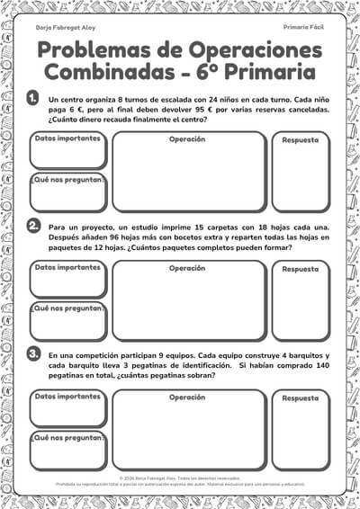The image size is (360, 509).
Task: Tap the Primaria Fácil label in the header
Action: click(303, 28)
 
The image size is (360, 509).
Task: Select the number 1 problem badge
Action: click(33, 98)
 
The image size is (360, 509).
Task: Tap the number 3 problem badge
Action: click(33, 353)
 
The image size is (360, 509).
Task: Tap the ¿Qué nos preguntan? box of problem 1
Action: click(67, 192)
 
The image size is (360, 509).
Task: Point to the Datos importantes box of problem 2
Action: click(67, 279)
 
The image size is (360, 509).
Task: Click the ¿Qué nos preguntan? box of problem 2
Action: click(67, 321)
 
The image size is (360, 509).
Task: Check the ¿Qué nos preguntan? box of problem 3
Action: click(67, 450)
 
